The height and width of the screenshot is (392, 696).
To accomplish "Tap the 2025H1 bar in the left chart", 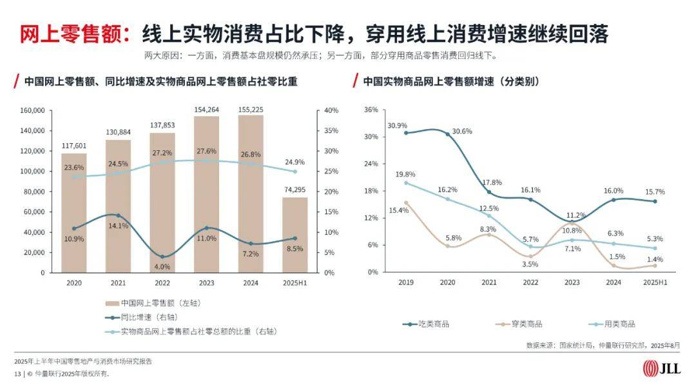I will tap(294, 235).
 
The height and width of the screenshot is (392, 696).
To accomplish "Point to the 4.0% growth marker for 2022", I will tap(162, 257).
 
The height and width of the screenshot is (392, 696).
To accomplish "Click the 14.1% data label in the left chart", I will tap(118, 226).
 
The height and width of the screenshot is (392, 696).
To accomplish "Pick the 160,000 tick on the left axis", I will tap(32, 110).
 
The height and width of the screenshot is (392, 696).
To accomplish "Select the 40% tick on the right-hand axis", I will tap(331, 110).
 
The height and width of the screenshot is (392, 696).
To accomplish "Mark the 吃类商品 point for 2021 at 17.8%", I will tap(489, 192).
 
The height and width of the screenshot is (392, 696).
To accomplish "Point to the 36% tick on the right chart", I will tap(371, 110).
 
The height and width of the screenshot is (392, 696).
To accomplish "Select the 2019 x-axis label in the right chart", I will tap(405, 282).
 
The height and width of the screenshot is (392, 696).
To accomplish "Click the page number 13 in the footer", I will tap(17, 374).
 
